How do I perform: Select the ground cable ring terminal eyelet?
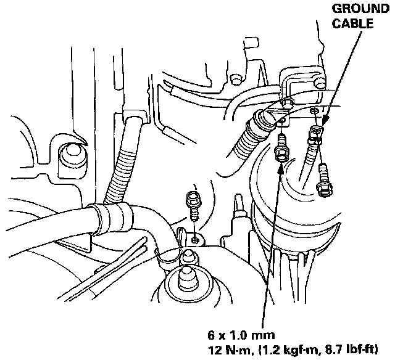coord(316,131)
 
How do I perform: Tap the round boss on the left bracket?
coord(69,153)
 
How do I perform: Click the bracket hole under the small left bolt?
coord(195,238)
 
